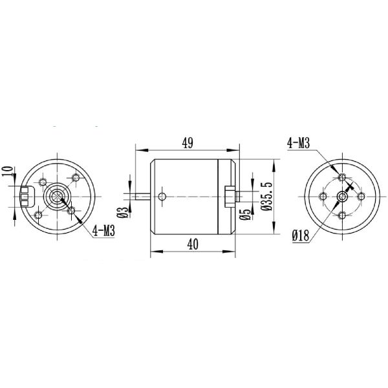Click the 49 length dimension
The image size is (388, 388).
pyautogui.click(x=187, y=143)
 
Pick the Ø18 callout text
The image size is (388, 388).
pyautogui.click(x=299, y=237)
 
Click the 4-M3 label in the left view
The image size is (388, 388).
pyautogui.click(x=104, y=230)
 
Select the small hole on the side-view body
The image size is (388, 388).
pyautogui.click(x=163, y=195)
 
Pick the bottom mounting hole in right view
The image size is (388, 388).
pyautogui.click(x=339, y=212)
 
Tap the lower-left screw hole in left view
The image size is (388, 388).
pyautogui.click(x=39, y=213)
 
